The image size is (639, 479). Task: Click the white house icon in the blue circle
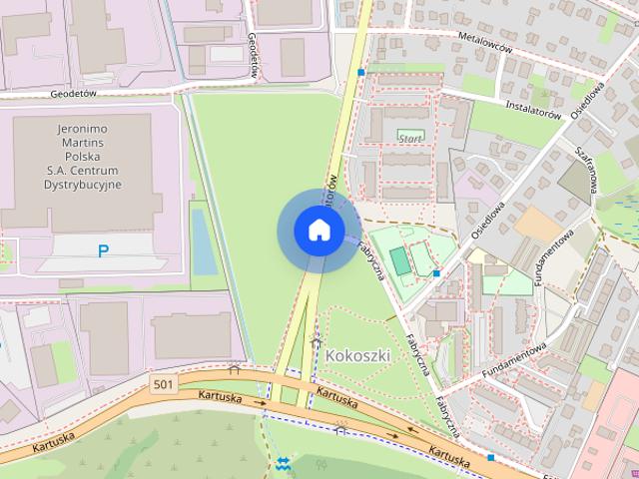(319, 231)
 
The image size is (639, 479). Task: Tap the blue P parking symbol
(103, 251)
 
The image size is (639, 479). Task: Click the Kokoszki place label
(358, 355)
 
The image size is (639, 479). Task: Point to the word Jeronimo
(83, 130)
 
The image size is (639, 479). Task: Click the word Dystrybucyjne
(83, 185)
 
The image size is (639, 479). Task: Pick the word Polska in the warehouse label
(83, 158)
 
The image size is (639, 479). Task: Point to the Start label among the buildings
(409, 137)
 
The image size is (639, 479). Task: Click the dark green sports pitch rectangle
(399, 261)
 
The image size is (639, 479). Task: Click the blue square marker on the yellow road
(361, 73)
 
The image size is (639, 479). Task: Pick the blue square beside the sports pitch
(436, 272)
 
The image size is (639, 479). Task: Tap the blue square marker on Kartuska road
(490, 457)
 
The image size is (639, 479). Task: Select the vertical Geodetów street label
(256, 55)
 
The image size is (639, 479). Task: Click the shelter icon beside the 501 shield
(235, 369)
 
